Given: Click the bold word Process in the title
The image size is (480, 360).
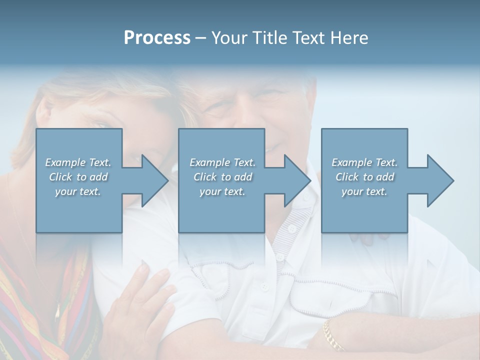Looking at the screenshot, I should click(157, 38).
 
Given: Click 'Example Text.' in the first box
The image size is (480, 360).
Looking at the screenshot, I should click(78, 162).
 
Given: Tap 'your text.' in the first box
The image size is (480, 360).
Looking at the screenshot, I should click(78, 191).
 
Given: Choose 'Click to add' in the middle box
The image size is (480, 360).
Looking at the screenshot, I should click(222, 177).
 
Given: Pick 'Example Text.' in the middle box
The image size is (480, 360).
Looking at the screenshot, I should click(222, 162).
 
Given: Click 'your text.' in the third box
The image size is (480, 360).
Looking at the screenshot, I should click(364, 191).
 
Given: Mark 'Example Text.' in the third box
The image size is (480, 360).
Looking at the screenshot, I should click(364, 162).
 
